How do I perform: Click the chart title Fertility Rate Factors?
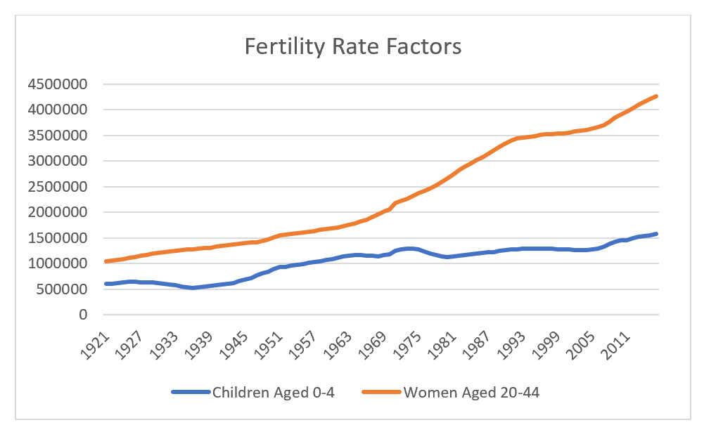coord(352,46)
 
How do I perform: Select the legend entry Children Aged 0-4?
coord(273,392)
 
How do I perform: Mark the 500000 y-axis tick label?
coord(60,289)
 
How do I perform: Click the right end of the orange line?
coord(656,96)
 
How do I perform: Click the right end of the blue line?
coord(656,234)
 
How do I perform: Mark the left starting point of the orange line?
coord(105,261)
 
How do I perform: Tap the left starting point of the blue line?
coord(105,284)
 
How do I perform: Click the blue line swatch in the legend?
coord(191,392)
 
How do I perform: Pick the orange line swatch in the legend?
coord(381,392)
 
